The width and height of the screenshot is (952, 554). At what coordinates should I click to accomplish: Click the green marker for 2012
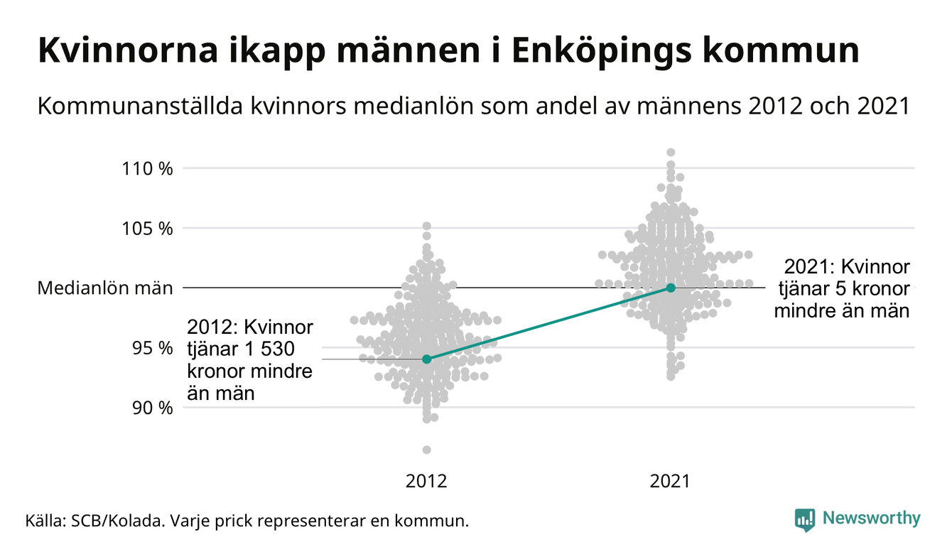426,359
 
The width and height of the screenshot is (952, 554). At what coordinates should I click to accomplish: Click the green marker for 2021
671,288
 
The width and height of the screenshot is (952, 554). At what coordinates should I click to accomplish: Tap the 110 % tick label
148,169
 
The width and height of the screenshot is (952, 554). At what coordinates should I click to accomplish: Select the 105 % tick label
148,229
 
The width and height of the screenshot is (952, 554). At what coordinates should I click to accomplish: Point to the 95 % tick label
153,348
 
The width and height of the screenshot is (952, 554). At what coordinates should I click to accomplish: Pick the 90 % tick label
153,408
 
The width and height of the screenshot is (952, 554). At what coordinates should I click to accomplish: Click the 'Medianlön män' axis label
105,288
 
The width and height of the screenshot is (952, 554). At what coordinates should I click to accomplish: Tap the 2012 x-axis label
426,482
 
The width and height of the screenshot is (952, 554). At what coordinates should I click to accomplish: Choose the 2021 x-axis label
671,482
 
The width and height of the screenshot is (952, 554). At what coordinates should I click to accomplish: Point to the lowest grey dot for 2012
426,450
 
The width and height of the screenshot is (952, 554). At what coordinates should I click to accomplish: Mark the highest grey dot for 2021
671,152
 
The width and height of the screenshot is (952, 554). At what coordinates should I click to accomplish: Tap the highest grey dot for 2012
426,226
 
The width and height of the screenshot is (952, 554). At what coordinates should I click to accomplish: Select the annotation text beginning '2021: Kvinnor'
843,288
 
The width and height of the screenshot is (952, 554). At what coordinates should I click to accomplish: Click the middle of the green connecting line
548,323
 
